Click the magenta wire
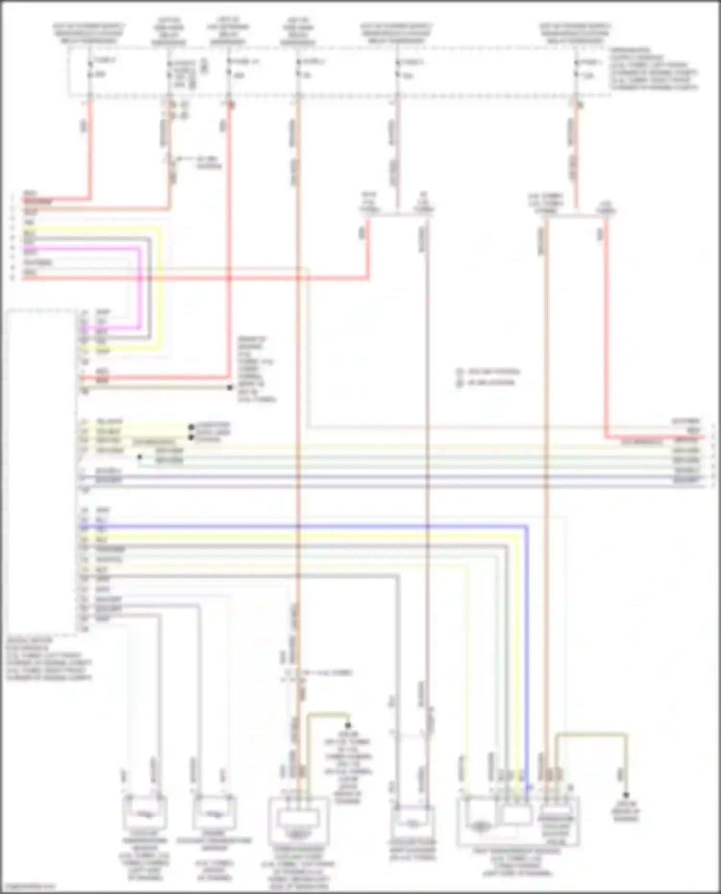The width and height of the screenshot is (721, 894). (140, 288)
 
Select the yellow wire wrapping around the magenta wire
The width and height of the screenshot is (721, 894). (161, 288)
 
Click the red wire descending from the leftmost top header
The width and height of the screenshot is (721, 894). (90, 144)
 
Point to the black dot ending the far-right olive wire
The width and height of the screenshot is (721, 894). (626, 795)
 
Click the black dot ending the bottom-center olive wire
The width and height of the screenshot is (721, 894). (348, 725)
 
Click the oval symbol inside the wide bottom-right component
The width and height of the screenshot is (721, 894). (479, 826)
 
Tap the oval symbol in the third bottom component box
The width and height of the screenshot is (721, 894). (298, 835)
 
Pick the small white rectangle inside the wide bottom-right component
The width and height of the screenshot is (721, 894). (517, 815)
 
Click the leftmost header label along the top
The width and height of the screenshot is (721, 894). (89, 33)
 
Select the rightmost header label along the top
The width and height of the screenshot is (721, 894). (575, 33)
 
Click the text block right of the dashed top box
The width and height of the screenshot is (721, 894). (654, 69)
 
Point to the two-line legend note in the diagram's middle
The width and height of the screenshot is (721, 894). (487, 377)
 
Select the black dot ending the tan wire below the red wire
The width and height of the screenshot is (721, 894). (230, 387)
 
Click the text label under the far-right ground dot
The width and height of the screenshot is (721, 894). (625, 811)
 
